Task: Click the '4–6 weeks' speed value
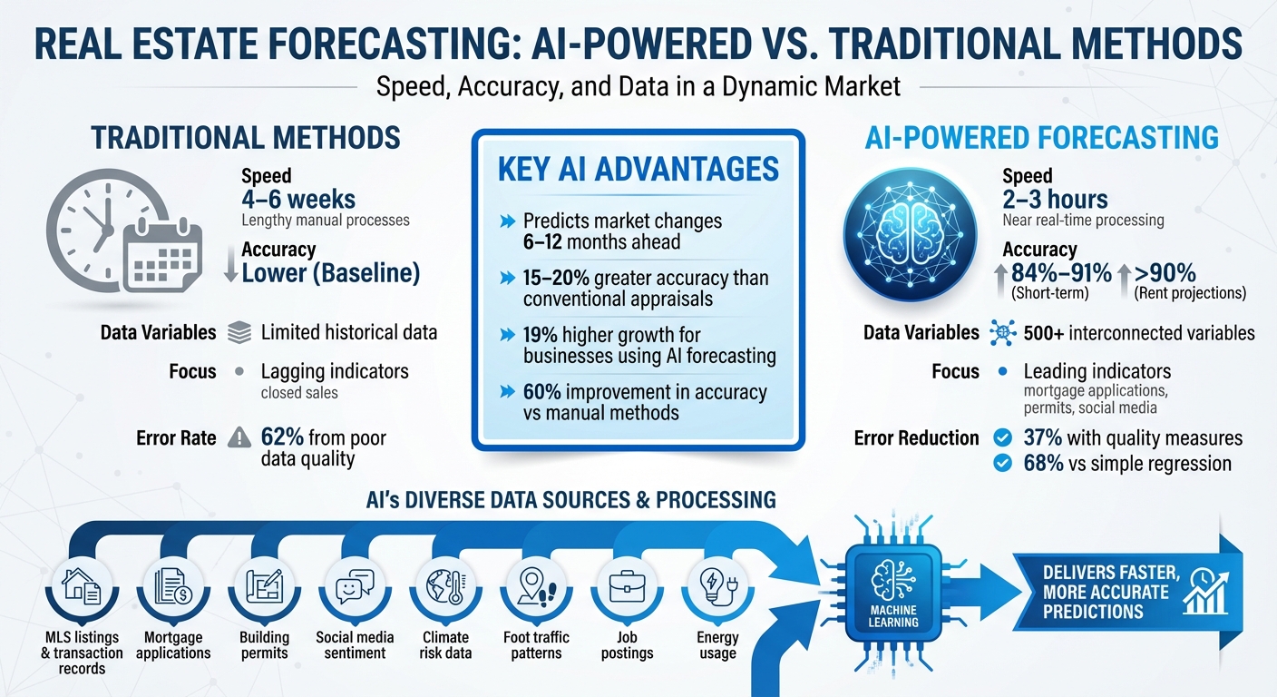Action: [x=298, y=199]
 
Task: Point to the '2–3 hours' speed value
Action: [x=1056, y=199]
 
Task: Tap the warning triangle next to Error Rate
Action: [x=239, y=438]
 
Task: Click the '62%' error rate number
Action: [x=281, y=437]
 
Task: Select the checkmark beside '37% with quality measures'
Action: [x=1002, y=437]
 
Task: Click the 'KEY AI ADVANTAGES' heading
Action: [x=638, y=170]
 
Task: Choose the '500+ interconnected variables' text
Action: [x=1139, y=333]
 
